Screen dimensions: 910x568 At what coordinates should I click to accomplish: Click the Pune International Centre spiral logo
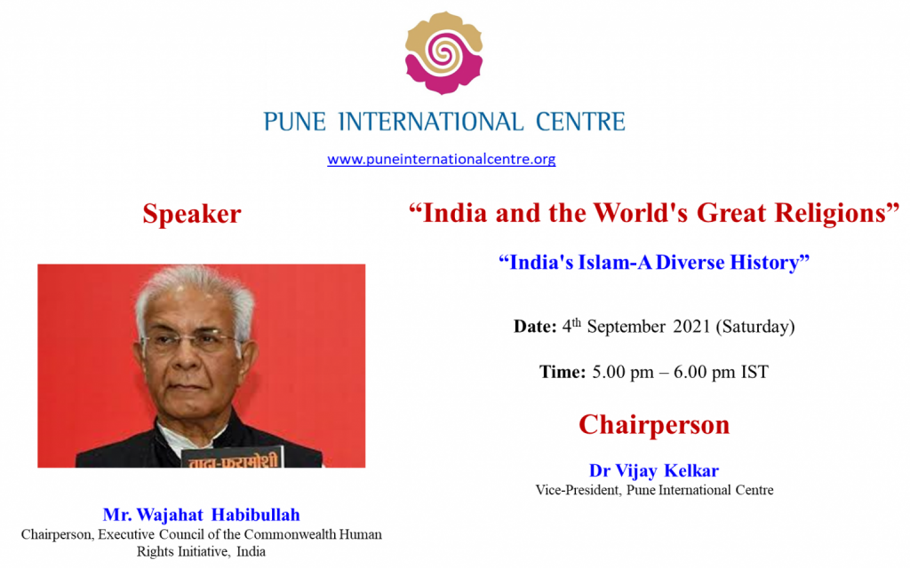444,52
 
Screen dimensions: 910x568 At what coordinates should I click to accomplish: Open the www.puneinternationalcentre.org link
441,159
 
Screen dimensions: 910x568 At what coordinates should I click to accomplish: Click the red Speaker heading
192,215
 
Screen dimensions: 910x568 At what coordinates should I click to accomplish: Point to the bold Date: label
535,327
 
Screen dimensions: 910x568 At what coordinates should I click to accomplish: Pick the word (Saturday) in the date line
755,327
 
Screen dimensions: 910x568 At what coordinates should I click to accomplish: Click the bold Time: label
563,372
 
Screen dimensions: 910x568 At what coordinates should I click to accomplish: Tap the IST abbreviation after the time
754,372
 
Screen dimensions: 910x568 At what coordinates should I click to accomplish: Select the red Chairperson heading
654,425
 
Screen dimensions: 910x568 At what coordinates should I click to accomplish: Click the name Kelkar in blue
691,470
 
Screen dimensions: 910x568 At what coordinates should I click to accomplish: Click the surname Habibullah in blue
255,515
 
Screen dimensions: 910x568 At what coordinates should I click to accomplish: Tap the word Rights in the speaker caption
155,552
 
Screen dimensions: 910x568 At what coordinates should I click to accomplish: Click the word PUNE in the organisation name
295,122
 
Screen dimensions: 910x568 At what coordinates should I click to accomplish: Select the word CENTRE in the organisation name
580,122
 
